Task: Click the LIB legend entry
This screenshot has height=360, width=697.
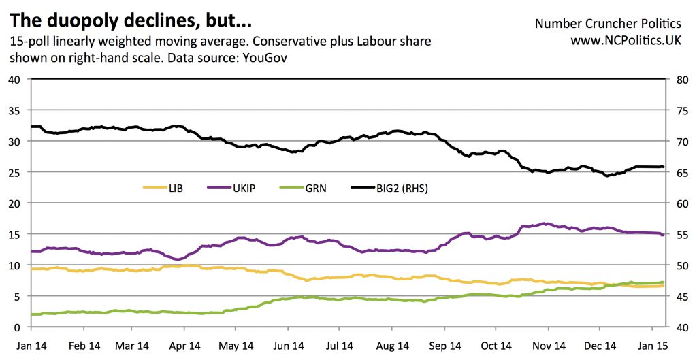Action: (x=174, y=186)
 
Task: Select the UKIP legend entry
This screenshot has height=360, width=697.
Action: (x=244, y=186)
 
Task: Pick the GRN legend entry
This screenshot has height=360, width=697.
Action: (x=314, y=186)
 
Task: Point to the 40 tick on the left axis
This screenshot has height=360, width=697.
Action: (x=16, y=79)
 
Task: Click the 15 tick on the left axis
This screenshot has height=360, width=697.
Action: (x=16, y=234)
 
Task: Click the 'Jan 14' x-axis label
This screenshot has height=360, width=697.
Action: (x=31, y=346)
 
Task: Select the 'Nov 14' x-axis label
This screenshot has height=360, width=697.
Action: (x=547, y=346)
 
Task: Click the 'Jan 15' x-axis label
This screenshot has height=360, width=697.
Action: (x=651, y=346)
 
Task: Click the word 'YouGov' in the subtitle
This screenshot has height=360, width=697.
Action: (x=262, y=58)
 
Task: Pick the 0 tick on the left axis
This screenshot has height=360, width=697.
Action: (x=18, y=327)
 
